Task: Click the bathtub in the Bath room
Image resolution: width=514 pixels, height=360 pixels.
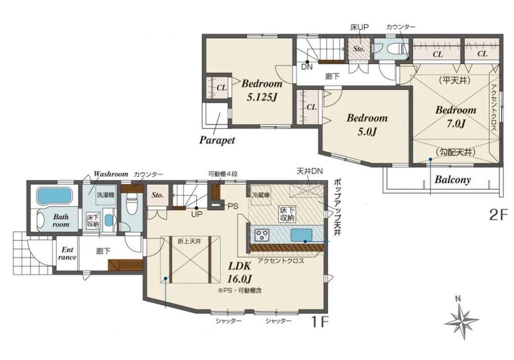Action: pos(54,196)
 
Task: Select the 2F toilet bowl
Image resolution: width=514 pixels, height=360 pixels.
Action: pos(395,49)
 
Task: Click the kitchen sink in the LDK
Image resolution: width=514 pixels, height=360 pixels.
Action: pos(301,235)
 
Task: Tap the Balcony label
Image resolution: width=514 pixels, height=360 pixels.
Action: pos(452,180)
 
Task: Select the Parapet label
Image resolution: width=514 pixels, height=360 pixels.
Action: pos(217,140)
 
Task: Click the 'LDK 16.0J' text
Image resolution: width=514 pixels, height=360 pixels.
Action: pos(240,272)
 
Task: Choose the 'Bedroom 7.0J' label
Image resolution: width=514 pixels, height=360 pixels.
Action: pos(456,117)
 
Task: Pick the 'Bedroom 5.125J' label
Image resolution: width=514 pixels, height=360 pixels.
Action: pos(262,90)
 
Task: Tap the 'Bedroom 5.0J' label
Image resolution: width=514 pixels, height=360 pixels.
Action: pos(367,125)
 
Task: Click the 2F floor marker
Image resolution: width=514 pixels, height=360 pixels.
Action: pos(498,215)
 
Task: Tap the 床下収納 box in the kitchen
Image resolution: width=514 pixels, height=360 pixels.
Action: pos(287,214)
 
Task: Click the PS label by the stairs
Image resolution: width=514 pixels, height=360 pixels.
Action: pos(233,206)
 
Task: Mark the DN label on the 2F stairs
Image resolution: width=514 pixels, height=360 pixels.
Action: pos(307,67)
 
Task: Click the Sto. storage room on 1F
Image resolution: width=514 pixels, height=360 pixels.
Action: pos(158,195)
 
